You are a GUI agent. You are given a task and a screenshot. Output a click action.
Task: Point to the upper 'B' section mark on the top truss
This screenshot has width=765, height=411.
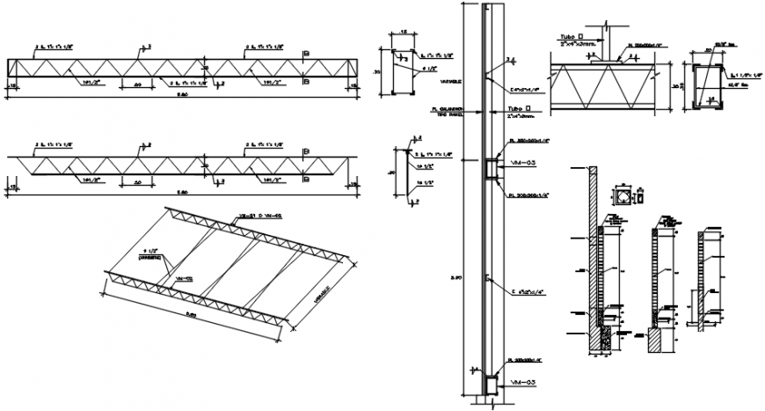tap(305, 55)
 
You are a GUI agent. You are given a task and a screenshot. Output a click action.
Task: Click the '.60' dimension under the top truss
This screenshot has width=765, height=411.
tap(139, 84)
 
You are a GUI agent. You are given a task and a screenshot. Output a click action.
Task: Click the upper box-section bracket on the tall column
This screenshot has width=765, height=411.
tap(490, 167)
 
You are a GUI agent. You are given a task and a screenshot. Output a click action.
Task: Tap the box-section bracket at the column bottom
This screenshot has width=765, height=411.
tap(490, 385)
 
